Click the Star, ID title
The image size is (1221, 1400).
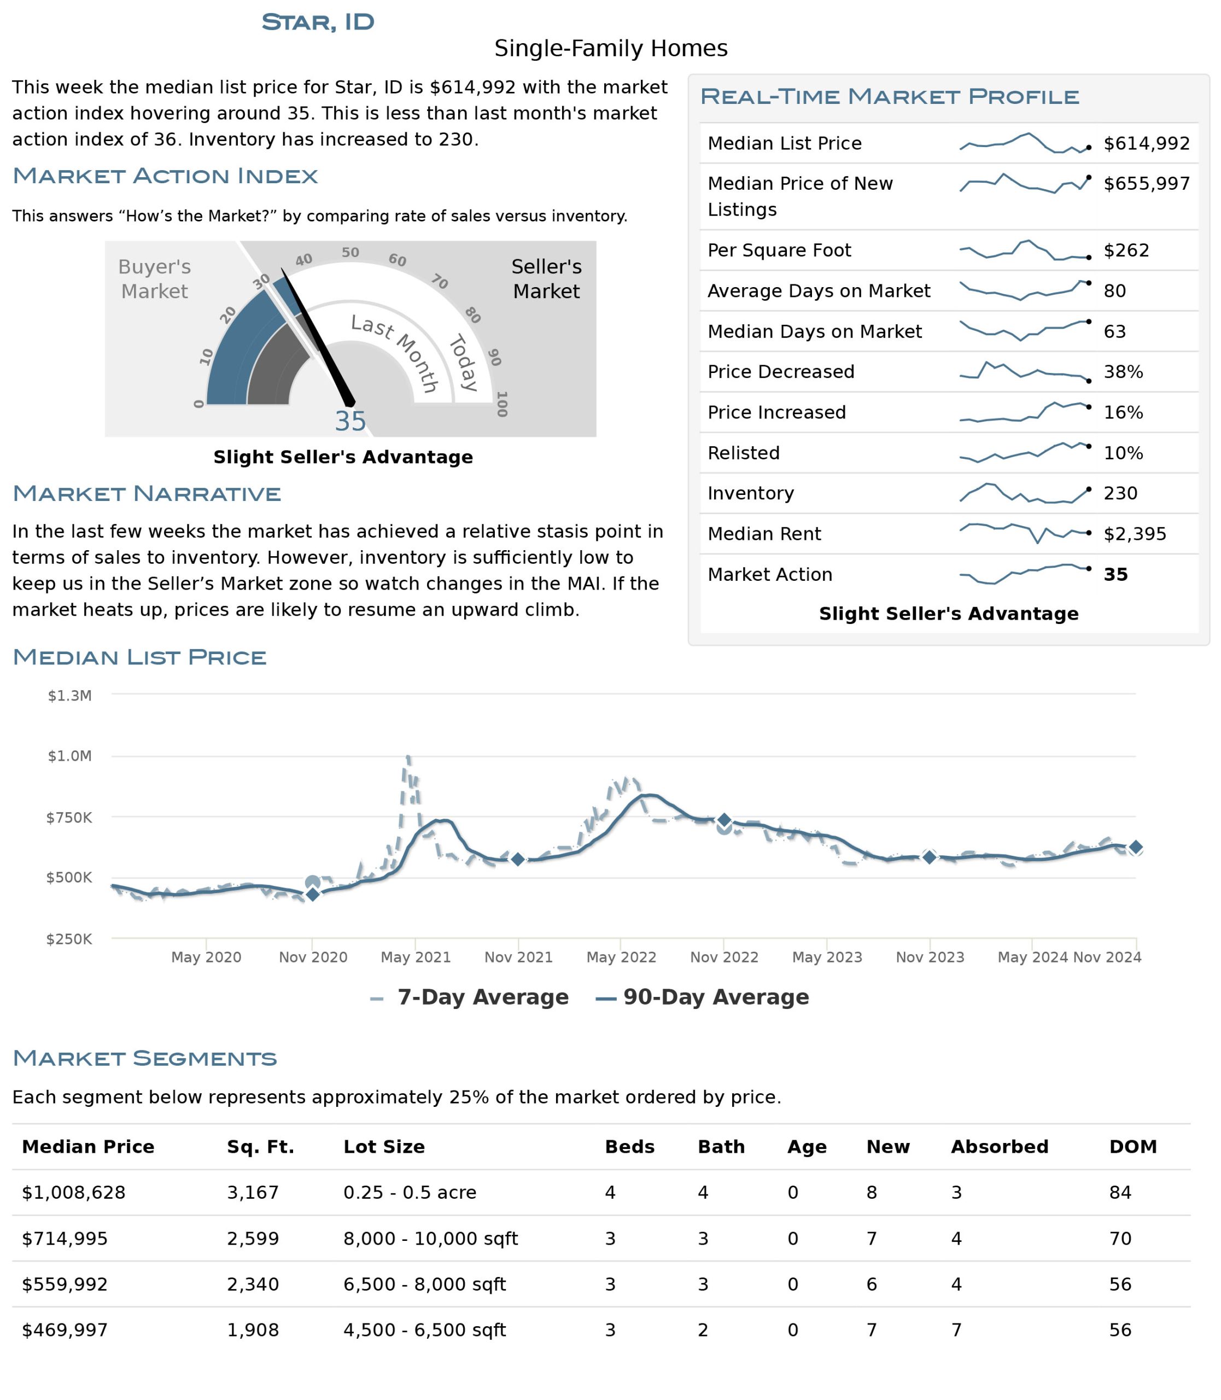(318, 22)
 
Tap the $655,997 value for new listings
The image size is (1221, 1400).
(1147, 183)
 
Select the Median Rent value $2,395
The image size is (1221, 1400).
(1135, 534)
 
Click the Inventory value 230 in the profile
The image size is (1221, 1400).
(1121, 493)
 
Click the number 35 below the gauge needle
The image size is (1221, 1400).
(350, 421)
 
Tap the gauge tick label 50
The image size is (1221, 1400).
(350, 252)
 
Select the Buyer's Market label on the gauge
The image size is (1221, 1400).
(155, 279)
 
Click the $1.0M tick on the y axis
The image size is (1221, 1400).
(69, 756)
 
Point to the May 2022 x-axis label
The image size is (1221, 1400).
(621, 957)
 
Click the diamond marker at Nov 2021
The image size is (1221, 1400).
(518, 860)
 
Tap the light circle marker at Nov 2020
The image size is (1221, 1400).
(313, 883)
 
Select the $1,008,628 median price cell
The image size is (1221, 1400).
(74, 1192)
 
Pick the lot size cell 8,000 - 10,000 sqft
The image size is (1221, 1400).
(431, 1239)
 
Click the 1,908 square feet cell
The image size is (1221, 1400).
(253, 1330)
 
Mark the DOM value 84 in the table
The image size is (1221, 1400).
(1120, 1192)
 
